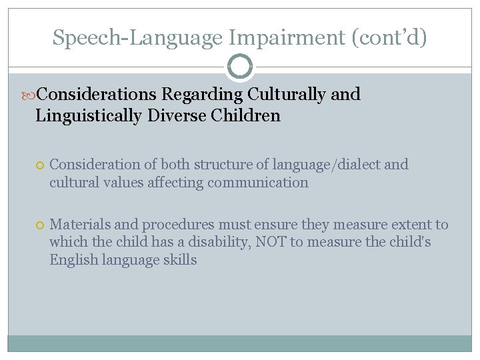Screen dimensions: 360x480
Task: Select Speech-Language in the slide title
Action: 137,37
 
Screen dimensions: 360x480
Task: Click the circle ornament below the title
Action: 240,67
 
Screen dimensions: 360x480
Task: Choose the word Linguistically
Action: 87,116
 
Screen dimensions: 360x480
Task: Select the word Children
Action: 246,116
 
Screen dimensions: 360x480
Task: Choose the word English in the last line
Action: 72,260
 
